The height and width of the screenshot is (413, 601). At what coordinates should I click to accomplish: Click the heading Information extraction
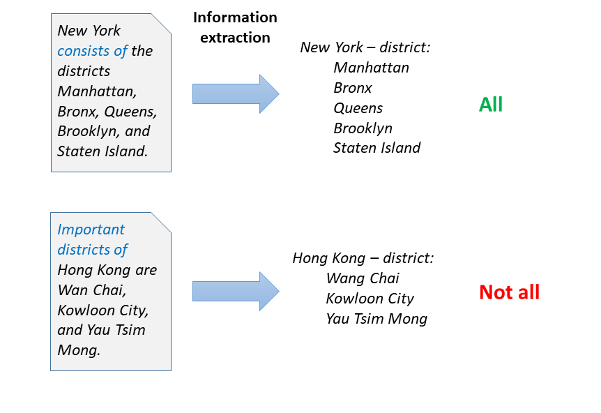(x=235, y=27)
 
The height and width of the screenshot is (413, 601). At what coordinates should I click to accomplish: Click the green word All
(x=491, y=105)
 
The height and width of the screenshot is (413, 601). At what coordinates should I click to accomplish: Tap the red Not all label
(x=510, y=292)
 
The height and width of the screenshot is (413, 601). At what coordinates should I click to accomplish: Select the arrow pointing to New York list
(x=236, y=94)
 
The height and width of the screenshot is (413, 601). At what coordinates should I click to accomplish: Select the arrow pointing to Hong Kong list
(x=236, y=292)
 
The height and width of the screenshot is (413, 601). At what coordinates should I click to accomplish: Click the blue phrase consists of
(x=92, y=51)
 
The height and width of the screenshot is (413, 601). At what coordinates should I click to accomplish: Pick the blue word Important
(x=91, y=230)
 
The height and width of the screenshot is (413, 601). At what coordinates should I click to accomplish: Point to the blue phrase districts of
(x=92, y=250)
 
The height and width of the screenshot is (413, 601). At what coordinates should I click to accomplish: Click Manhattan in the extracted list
(x=371, y=68)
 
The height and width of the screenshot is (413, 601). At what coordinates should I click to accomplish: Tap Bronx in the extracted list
(x=353, y=88)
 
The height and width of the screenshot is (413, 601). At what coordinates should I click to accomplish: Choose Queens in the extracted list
(x=358, y=108)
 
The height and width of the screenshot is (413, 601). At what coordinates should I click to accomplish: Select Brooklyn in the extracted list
(x=363, y=128)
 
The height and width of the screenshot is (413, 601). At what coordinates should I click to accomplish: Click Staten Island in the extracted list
(x=376, y=148)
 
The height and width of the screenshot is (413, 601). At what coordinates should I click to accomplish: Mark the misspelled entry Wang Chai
(x=363, y=278)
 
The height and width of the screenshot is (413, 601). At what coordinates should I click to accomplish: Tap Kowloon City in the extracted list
(x=370, y=299)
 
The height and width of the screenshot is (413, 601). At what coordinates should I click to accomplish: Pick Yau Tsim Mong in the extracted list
(x=376, y=319)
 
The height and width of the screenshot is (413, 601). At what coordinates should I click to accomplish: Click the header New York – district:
(x=365, y=47)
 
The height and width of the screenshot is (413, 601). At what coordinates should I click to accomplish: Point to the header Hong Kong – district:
(x=363, y=258)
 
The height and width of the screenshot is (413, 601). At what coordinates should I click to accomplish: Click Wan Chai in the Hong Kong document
(x=92, y=290)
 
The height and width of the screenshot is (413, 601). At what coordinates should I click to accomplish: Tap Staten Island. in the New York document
(x=102, y=151)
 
